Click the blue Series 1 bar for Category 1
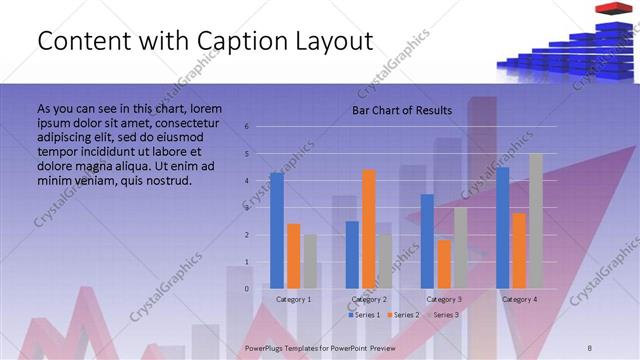pyautogui.click(x=277, y=231)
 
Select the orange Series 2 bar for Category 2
pyautogui.click(x=369, y=229)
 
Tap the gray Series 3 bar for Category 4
pyautogui.click(x=536, y=221)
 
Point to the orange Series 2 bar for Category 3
pyautogui.click(x=444, y=264)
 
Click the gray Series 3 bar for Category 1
pyautogui.click(x=310, y=262)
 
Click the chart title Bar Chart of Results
pyautogui.click(x=401, y=110)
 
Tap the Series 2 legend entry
pyautogui.click(x=402, y=315)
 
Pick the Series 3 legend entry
pyautogui.click(x=442, y=315)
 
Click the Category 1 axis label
pyautogui.click(x=293, y=299)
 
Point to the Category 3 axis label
pyautogui.click(x=444, y=299)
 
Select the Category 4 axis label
pyautogui.click(x=519, y=299)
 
